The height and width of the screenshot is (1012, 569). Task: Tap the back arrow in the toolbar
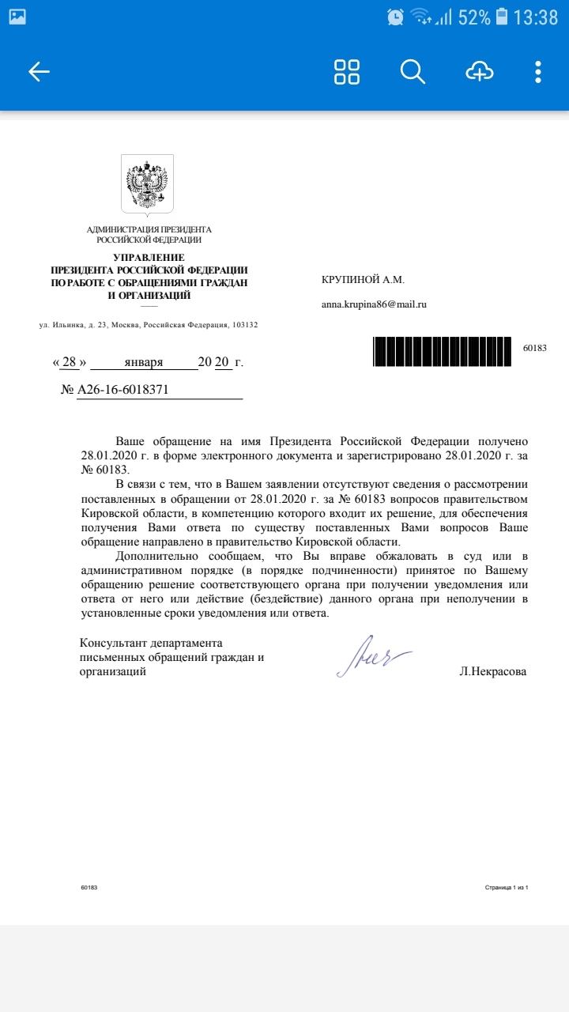click(39, 72)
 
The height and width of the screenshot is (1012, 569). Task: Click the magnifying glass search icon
click(413, 72)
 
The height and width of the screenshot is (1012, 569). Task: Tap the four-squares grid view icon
click(347, 72)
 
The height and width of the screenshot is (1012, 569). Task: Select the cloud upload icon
click(479, 72)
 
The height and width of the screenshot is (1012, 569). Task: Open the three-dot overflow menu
click(538, 72)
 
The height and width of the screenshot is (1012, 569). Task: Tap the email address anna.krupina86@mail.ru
click(373, 304)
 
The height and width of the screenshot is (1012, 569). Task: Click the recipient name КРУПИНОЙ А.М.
click(362, 279)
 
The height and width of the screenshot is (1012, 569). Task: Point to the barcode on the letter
click(442, 351)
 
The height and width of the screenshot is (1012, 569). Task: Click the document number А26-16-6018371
click(122, 391)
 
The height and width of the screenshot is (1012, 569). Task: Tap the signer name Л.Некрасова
click(492, 671)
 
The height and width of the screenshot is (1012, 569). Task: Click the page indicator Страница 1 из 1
click(506, 888)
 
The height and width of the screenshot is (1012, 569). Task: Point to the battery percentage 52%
click(473, 17)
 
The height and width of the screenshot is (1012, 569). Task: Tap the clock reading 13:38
click(535, 17)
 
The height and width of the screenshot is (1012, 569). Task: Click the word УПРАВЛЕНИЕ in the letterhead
click(149, 257)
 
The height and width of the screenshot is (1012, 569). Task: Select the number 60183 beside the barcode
click(535, 348)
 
